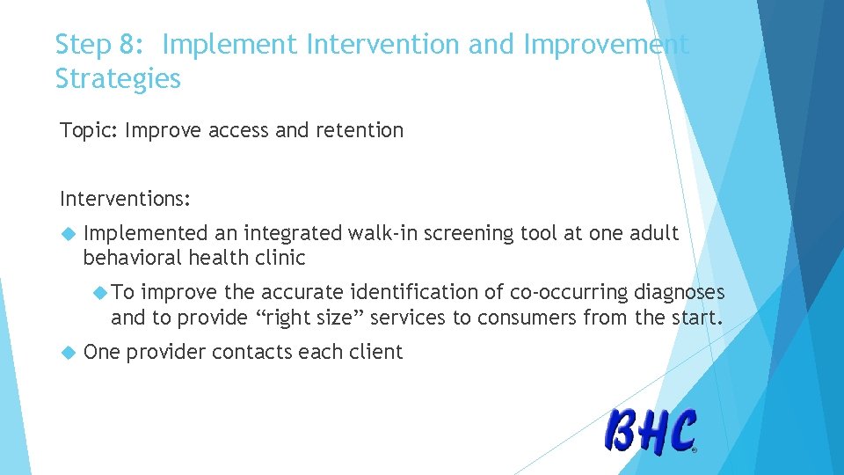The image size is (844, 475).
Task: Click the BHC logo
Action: coord(651,431)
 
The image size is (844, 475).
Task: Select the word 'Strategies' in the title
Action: coord(118,79)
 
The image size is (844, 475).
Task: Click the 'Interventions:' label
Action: coord(125,198)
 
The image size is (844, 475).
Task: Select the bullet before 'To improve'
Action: coord(99,292)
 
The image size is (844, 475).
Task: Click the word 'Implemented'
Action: coord(147,233)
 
